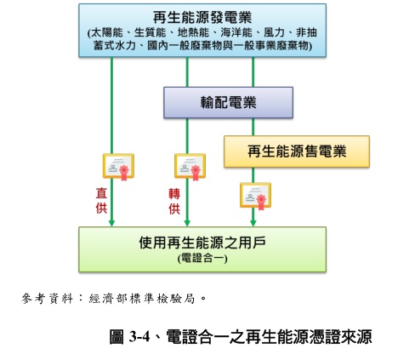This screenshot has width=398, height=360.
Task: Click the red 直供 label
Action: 100,201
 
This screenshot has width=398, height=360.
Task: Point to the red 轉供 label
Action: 174,201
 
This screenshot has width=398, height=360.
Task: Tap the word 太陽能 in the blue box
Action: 108,33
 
